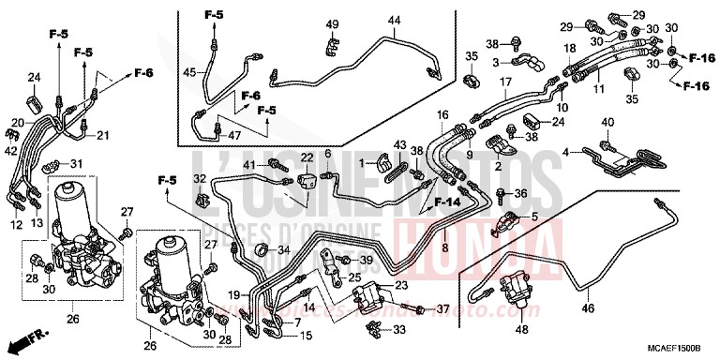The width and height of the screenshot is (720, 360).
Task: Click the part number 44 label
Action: [x=394, y=21]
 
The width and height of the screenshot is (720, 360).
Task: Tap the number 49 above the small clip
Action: [x=333, y=23]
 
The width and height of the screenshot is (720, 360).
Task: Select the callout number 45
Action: [x=188, y=72]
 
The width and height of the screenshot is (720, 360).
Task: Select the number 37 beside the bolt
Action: [x=443, y=309]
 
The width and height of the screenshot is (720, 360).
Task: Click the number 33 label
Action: [x=400, y=329]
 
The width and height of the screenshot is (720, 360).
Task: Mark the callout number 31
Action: [x=76, y=165]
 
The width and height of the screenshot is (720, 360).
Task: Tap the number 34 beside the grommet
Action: [x=284, y=248]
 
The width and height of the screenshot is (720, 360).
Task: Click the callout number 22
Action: [x=307, y=157]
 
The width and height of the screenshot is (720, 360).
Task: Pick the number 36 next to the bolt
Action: [x=521, y=194]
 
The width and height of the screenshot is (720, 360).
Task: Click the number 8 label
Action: [x=444, y=247]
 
